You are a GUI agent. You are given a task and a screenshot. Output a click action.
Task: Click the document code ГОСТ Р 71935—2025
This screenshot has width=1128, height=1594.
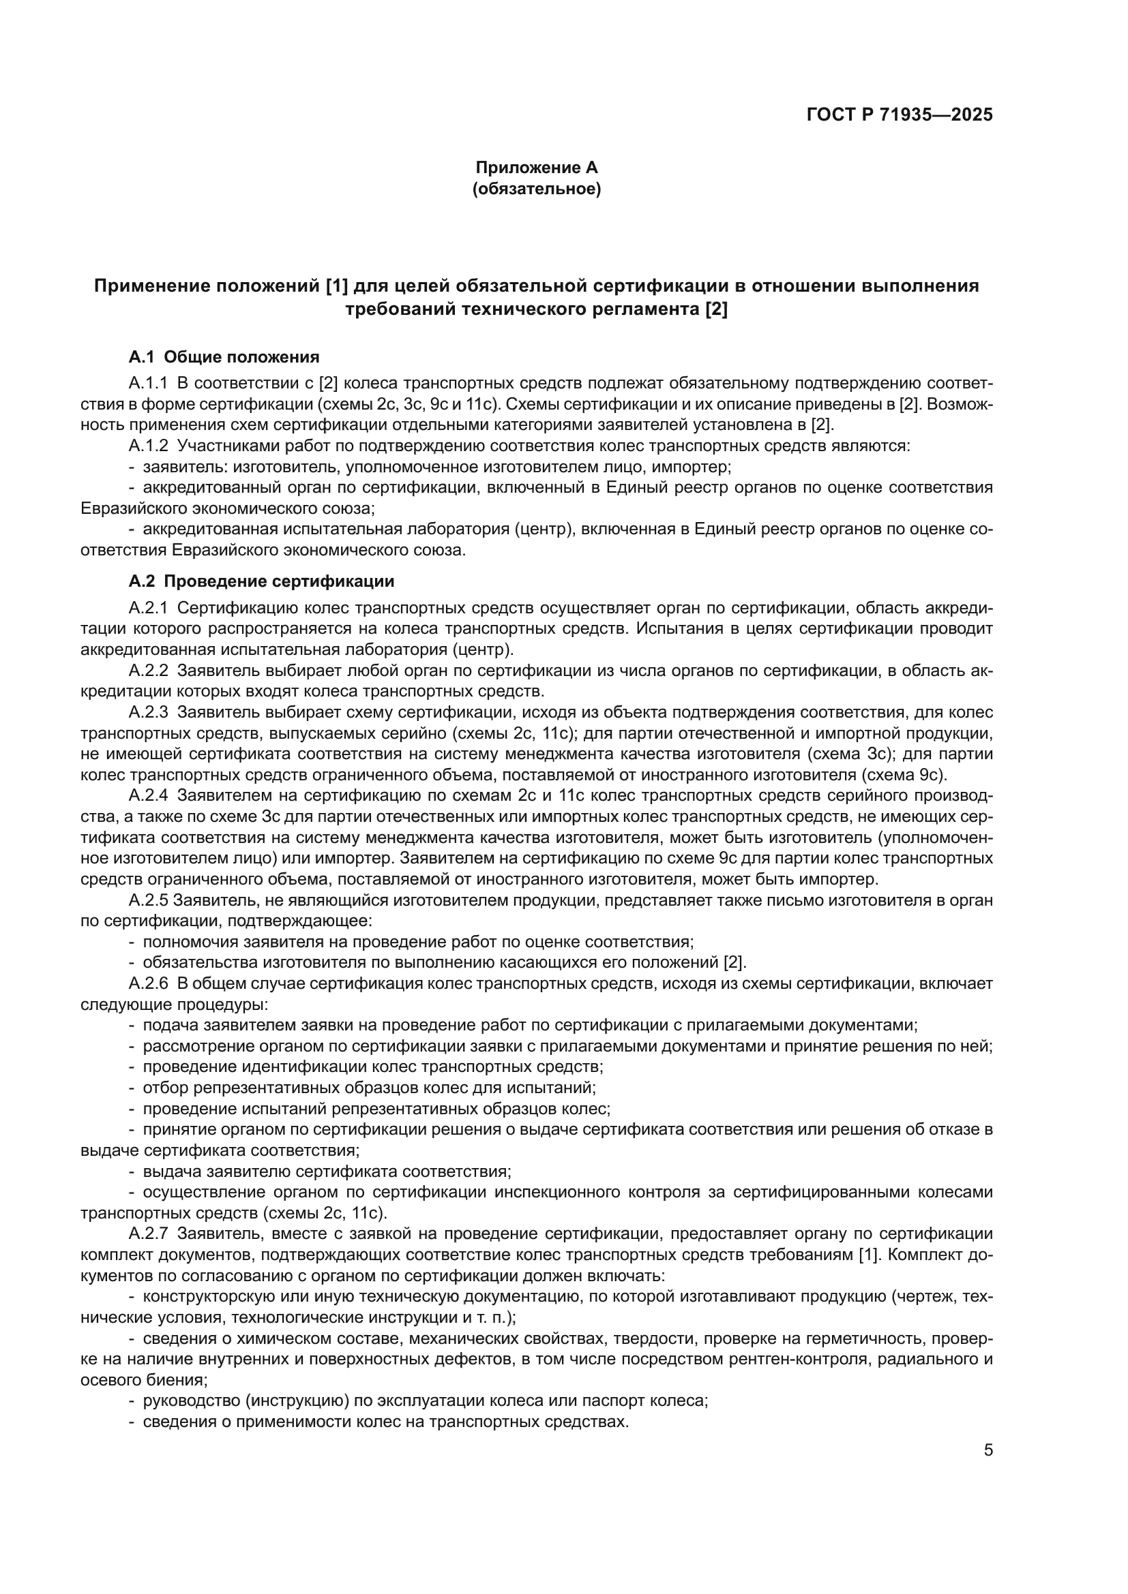tap(900, 115)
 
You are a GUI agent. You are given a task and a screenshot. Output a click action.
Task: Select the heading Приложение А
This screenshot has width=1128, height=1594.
tap(536, 168)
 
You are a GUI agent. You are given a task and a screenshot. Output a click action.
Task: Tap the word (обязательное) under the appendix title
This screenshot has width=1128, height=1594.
tap(536, 189)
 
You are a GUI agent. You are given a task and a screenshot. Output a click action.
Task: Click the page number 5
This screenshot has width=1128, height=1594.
tap(988, 1450)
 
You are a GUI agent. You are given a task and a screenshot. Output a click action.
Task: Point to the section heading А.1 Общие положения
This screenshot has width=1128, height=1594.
tap(224, 358)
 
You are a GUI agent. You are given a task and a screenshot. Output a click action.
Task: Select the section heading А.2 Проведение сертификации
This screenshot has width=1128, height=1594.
tap(261, 581)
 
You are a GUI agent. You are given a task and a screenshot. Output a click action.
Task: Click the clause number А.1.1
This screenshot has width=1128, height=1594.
tap(148, 383)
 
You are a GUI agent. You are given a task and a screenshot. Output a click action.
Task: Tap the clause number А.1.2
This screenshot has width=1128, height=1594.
tap(148, 446)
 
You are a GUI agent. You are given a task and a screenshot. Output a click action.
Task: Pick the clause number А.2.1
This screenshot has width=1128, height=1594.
tap(148, 608)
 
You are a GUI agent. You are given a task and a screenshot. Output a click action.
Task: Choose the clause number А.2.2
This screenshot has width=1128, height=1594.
tap(148, 671)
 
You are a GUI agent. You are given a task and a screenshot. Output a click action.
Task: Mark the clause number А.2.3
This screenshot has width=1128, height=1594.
tap(148, 712)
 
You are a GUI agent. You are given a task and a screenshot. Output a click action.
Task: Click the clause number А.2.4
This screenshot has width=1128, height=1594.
tap(148, 795)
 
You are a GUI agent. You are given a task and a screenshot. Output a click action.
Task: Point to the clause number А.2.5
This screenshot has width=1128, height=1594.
tap(148, 900)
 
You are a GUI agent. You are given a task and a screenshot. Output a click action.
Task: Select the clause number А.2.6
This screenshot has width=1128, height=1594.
tap(148, 984)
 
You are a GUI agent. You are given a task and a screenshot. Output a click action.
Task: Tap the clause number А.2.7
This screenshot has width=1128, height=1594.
tap(148, 1233)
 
